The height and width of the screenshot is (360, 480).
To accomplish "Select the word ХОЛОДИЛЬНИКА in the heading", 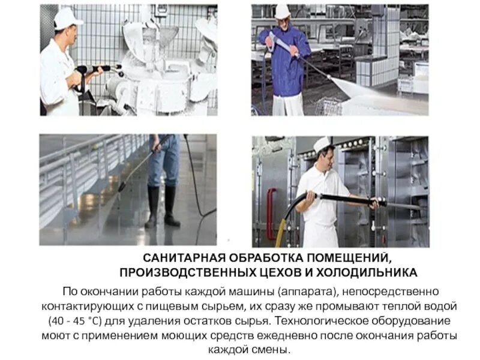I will [378, 273].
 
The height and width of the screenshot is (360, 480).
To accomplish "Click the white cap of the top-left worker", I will [68, 18].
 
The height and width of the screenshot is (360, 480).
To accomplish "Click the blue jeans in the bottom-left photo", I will [162, 162].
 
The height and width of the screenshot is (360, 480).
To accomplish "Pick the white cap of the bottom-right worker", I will [322, 143].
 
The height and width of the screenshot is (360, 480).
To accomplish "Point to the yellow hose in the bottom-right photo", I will [284, 225].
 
